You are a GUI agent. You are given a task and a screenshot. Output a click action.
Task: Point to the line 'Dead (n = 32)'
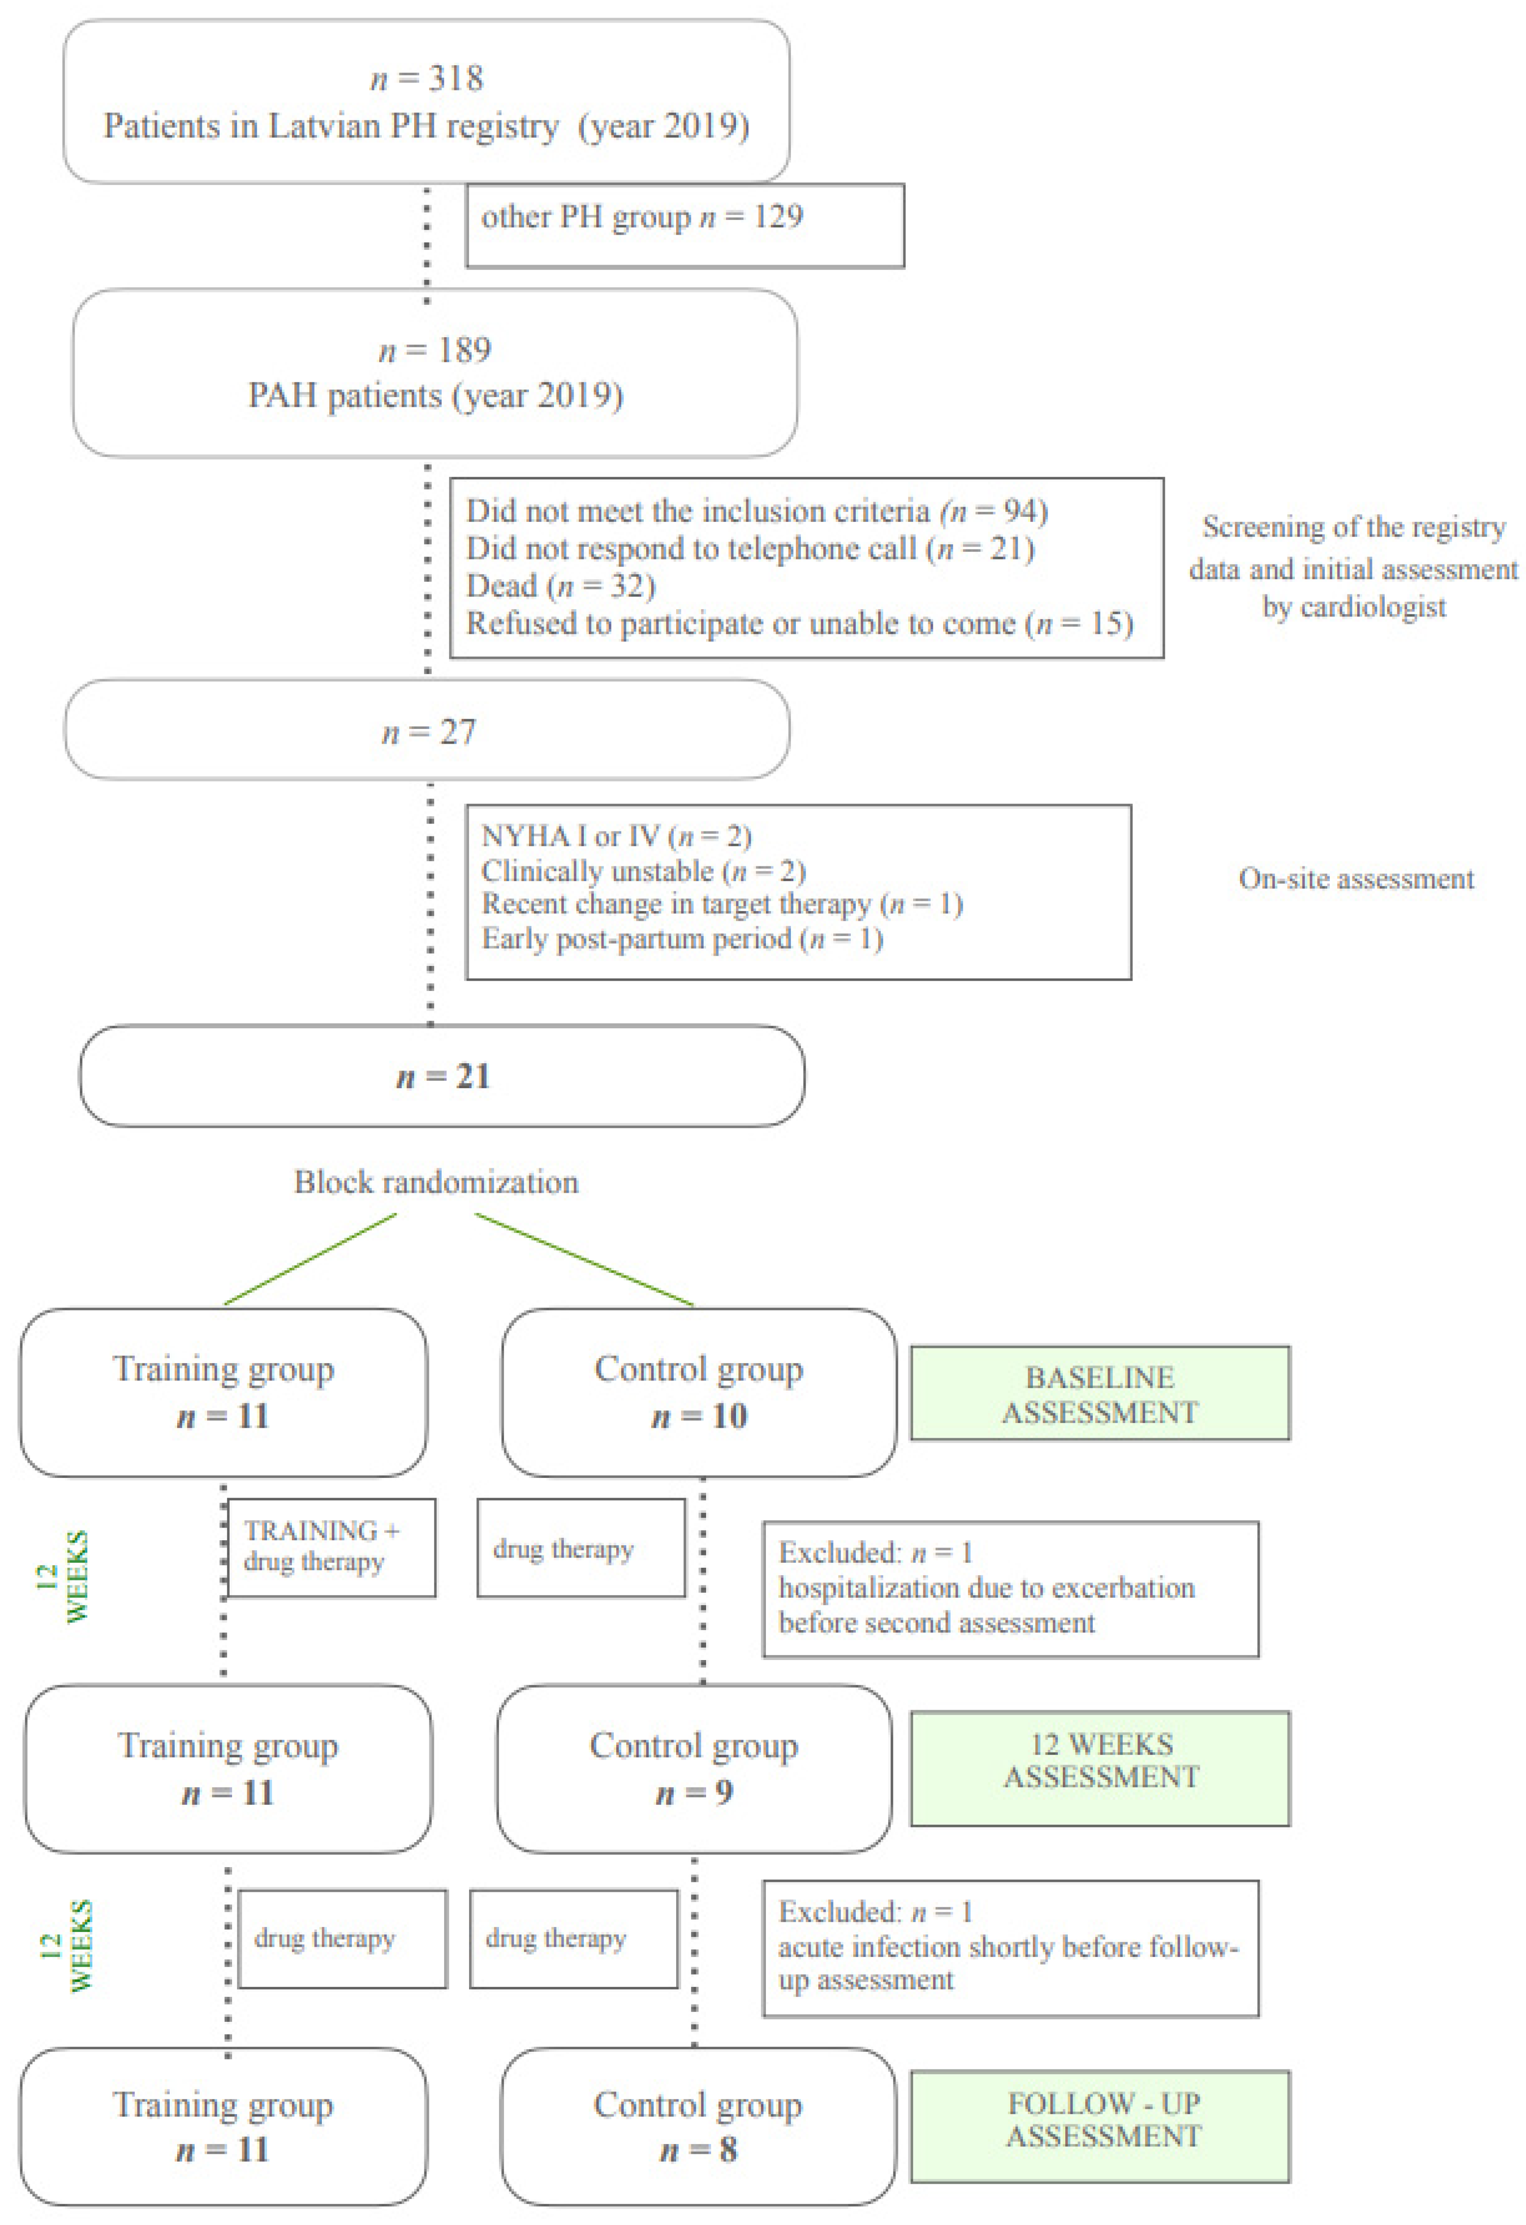click(x=560, y=586)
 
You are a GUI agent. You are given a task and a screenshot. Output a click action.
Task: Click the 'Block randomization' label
click(x=436, y=1182)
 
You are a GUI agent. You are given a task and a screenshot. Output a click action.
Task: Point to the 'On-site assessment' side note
click(x=1356, y=879)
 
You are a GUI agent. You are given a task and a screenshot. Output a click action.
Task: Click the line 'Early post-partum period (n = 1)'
click(x=682, y=938)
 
